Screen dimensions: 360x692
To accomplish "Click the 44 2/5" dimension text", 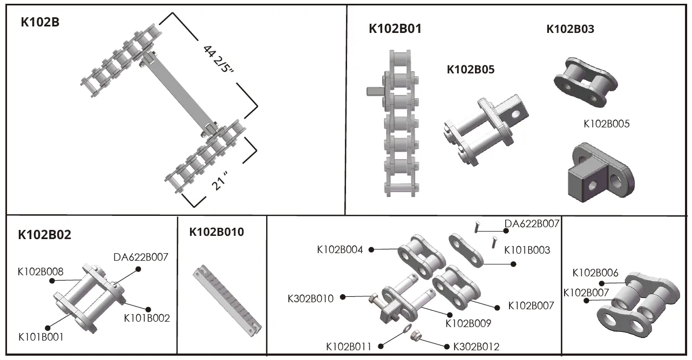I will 219,67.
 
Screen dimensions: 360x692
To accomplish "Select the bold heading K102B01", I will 395,29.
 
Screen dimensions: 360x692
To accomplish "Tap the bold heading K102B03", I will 570,29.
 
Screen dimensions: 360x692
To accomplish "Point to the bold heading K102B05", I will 470,70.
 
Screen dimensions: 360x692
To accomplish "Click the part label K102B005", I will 606,124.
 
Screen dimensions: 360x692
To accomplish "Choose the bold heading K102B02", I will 44,235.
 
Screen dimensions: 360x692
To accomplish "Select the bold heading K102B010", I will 216,232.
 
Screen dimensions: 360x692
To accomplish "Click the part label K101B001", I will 41,337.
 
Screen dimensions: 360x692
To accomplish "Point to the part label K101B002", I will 147,318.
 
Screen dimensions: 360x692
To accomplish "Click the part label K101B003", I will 527,250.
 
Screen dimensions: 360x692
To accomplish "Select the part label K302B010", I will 310,298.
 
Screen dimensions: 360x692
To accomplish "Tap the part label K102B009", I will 468,323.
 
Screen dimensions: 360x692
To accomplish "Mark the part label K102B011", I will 349,346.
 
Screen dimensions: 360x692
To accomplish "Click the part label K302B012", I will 476,346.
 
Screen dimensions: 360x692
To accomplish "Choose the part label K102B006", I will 595,273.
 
